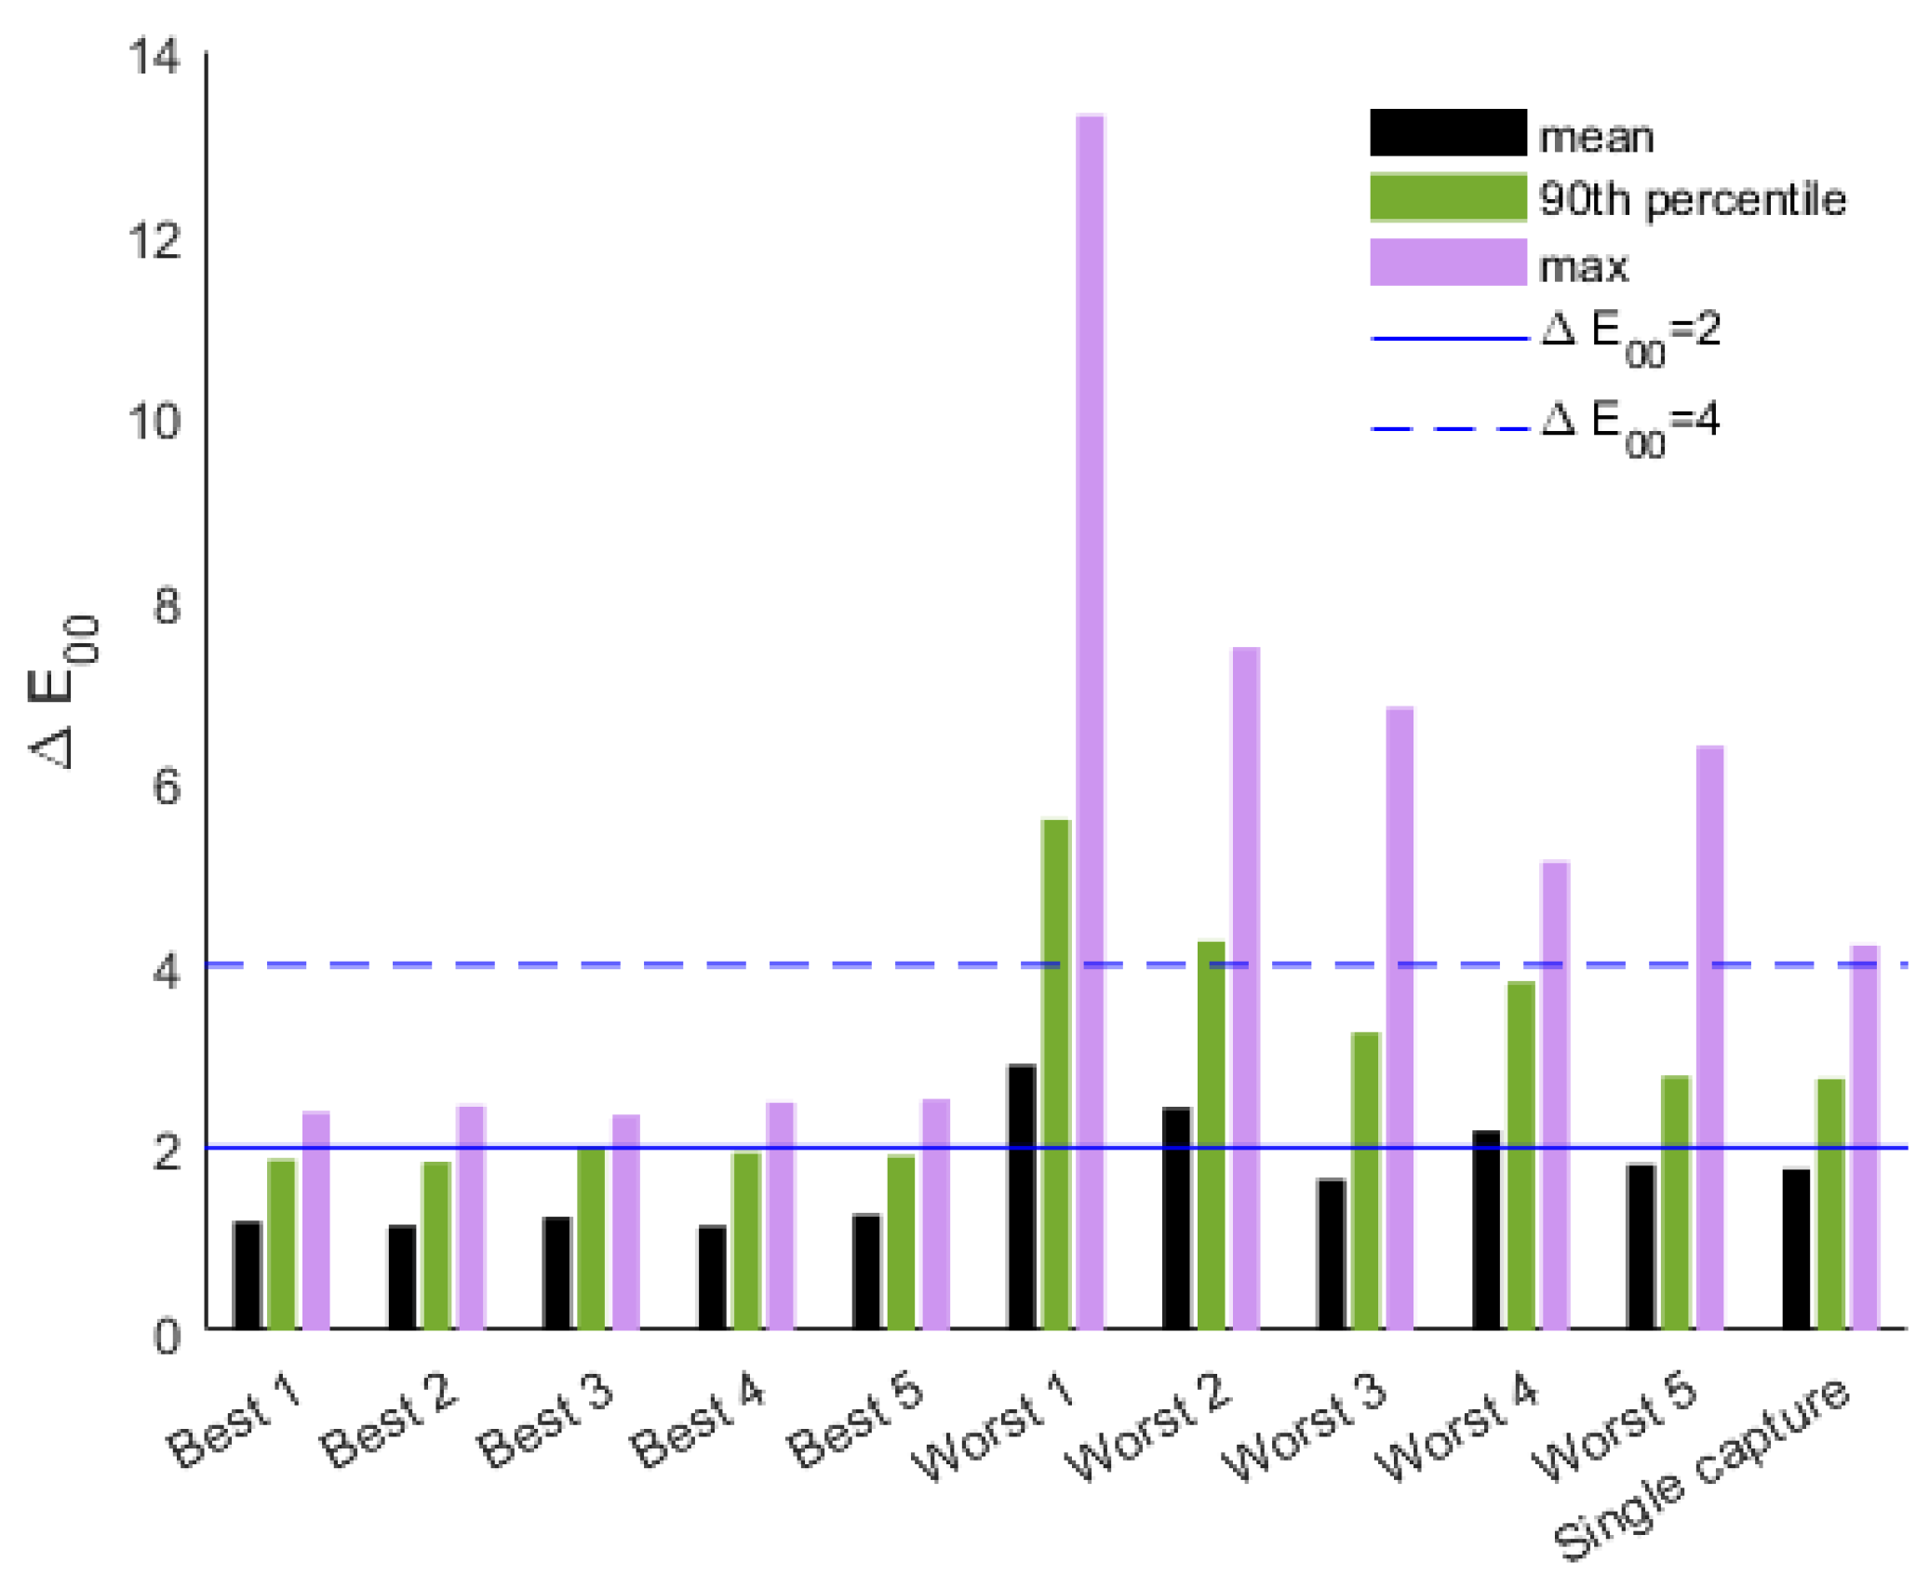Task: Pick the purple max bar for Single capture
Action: [x=1864, y=1137]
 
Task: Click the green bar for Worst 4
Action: [x=1520, y=1154]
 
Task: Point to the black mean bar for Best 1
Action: [x=248, y=1274]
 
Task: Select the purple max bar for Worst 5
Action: [x=1709, y=1037]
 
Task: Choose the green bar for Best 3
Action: [x=591, y=1238]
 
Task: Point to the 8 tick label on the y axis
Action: [x=167, y=606]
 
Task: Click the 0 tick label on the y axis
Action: [x=167, y=1338]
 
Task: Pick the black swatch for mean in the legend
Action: [x=1447, y=133]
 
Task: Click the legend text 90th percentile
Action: [x=1691, y=200]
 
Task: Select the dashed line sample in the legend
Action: [x=1449, y=429]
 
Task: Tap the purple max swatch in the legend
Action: [x=1447, y=262]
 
